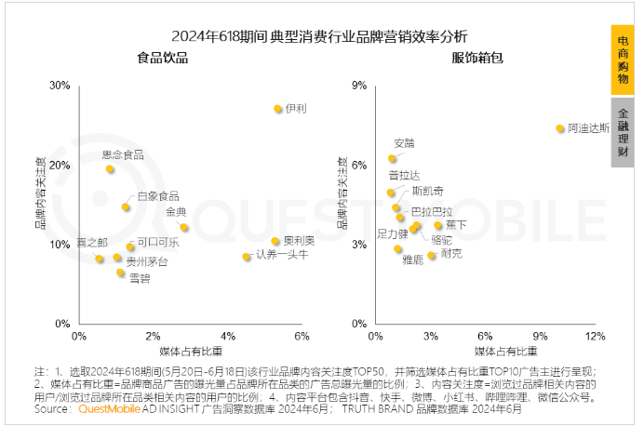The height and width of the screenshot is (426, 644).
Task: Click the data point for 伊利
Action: click(277, 109)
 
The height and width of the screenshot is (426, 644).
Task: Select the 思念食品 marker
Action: click(110, 169)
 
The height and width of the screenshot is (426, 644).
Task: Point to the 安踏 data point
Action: click(393, 159)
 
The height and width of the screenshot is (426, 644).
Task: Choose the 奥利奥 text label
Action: click(299, 241)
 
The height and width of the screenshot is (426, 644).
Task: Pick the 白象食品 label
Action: click(157, 196)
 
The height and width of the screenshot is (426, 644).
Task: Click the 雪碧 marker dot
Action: click(120, 273)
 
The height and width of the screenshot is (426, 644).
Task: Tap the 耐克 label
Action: click(451, 253)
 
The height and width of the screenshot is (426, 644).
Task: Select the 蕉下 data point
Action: click(438, 226)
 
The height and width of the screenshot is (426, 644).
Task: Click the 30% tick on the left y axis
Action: click(60, 86)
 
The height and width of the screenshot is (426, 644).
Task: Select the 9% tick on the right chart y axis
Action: click(356, 86)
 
